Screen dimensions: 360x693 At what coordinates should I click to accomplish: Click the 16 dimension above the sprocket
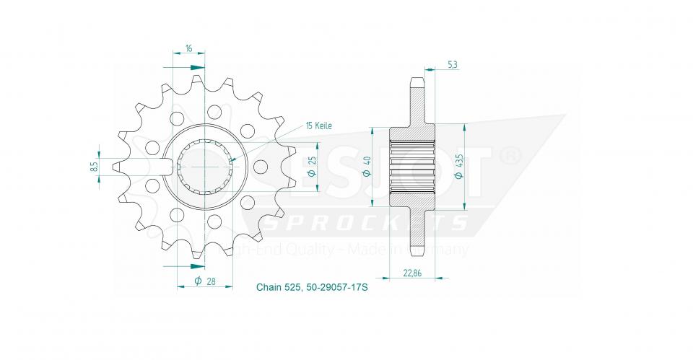(188, 48)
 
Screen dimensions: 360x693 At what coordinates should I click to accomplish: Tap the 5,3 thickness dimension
(452, 65)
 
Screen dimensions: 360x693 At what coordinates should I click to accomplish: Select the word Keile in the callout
(321, 126)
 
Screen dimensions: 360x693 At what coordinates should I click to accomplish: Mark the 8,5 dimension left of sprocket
(95, 167)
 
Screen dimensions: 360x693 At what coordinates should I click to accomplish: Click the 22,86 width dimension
(412, 273)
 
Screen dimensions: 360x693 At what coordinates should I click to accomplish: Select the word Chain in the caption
(268, 287)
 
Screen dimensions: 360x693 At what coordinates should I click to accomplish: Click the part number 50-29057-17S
(331, 287)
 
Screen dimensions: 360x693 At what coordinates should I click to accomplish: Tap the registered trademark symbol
(510, 154)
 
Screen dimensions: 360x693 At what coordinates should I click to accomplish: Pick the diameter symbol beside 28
(197, 281)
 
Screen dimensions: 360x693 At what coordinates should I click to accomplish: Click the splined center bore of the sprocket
(205, 165)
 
